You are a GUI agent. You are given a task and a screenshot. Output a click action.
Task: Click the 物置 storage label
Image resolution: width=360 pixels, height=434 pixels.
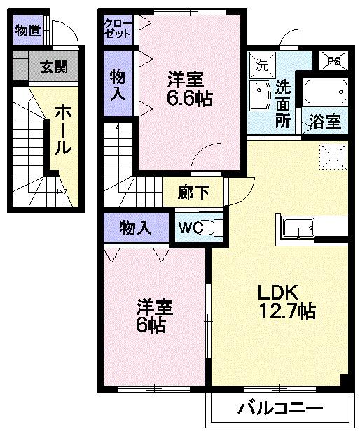27,30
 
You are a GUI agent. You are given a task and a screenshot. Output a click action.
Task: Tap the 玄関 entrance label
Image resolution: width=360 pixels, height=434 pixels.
53,67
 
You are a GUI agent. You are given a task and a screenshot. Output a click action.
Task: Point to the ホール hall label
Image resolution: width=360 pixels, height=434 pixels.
62,129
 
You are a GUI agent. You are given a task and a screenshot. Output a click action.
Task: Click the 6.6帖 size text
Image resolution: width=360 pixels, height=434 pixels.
190,98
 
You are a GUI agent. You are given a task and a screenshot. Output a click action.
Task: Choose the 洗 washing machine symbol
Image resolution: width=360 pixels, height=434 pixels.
262,65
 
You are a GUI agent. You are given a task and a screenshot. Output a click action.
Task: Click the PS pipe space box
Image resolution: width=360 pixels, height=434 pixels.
333,61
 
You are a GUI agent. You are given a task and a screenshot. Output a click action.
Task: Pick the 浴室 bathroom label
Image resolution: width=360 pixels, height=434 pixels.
325,120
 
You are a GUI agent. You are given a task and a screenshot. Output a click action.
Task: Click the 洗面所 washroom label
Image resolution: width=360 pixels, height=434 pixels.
282,103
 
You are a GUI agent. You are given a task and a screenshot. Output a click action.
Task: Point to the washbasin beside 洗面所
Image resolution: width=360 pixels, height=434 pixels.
260,97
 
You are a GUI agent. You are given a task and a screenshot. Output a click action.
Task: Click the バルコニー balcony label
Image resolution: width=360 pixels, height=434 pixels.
279,408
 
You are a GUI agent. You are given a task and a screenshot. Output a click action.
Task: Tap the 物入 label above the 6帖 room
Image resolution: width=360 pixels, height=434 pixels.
136,227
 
